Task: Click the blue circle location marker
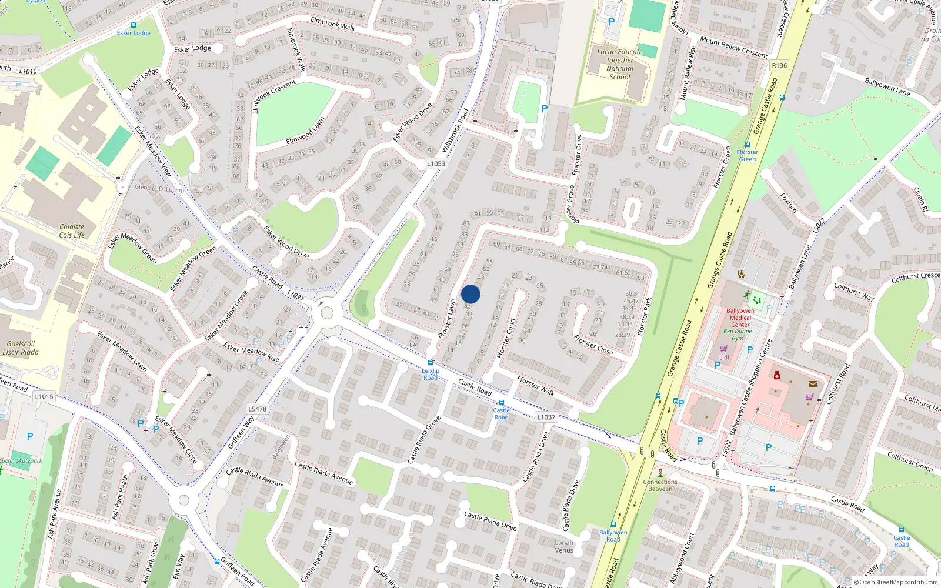470,294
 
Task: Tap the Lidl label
724,357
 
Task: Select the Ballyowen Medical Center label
740,318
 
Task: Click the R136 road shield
779,66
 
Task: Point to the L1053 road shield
436,164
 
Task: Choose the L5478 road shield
257,409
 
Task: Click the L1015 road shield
44,396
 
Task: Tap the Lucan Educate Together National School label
620,64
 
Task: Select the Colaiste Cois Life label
72,230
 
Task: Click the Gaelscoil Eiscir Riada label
21,348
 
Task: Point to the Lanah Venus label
563,546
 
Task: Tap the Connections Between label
660,485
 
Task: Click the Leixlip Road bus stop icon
431,363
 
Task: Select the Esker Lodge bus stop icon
134,25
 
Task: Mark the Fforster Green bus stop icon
748,145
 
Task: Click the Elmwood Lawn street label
305,131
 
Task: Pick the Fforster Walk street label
535,386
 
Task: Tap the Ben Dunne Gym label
738,335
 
